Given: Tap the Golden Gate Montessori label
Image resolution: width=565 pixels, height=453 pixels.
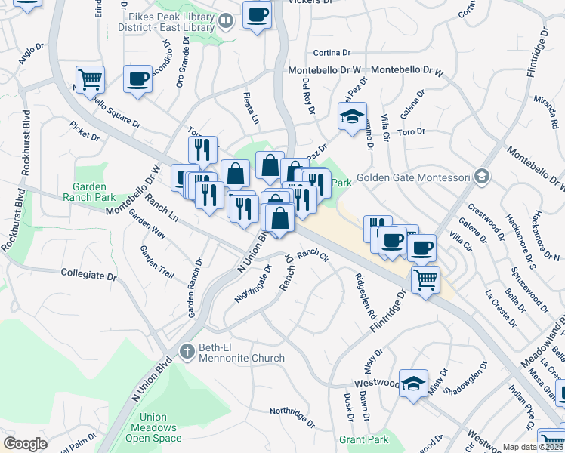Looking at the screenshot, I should (414, 178).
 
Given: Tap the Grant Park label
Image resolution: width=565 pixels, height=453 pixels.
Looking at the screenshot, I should (363, 439).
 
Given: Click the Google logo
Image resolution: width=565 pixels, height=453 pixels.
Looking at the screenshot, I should (25, 444).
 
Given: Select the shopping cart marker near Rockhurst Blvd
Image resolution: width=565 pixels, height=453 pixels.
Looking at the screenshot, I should (90, 78).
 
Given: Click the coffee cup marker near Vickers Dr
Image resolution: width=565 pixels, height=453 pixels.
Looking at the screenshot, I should (257, 14).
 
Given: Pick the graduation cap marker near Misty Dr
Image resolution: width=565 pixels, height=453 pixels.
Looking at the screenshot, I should (414, 384).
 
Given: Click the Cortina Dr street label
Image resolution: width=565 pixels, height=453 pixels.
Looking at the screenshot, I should (332, 52).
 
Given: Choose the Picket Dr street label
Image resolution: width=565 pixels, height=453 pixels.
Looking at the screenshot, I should (85, 131).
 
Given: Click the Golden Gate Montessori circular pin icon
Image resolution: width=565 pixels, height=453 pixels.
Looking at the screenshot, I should (482, 177).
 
